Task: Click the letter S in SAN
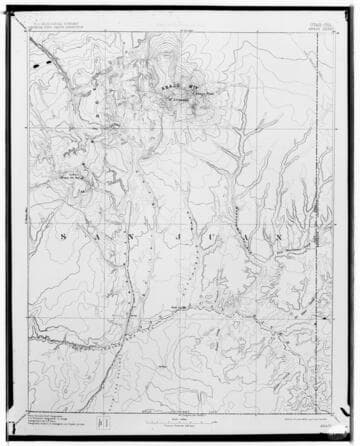click(61, 237)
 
